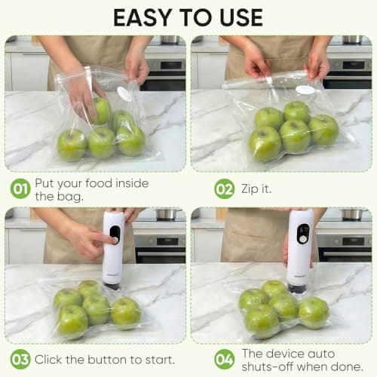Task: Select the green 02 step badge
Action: click(225, 188)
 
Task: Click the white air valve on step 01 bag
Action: click(123, 93)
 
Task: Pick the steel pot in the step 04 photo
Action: click(351, 215)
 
